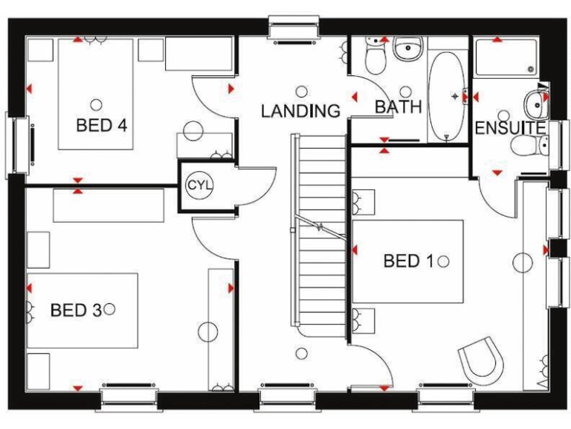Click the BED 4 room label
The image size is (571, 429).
(x=101, y=124)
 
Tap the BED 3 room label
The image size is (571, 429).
(x=75, y=309)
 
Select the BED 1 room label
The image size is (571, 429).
(x=408, y=261)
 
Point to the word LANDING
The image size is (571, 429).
(x=300, y=112)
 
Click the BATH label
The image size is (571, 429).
(x=398, y=107)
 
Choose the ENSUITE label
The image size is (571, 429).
(x=509, y=128)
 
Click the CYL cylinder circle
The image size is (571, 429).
(x=199, y=184)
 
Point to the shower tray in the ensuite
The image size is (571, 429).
(x=506, y=57)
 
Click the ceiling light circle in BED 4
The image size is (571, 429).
(x=96, y=104)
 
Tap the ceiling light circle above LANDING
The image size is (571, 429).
(x=301, y=91)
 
